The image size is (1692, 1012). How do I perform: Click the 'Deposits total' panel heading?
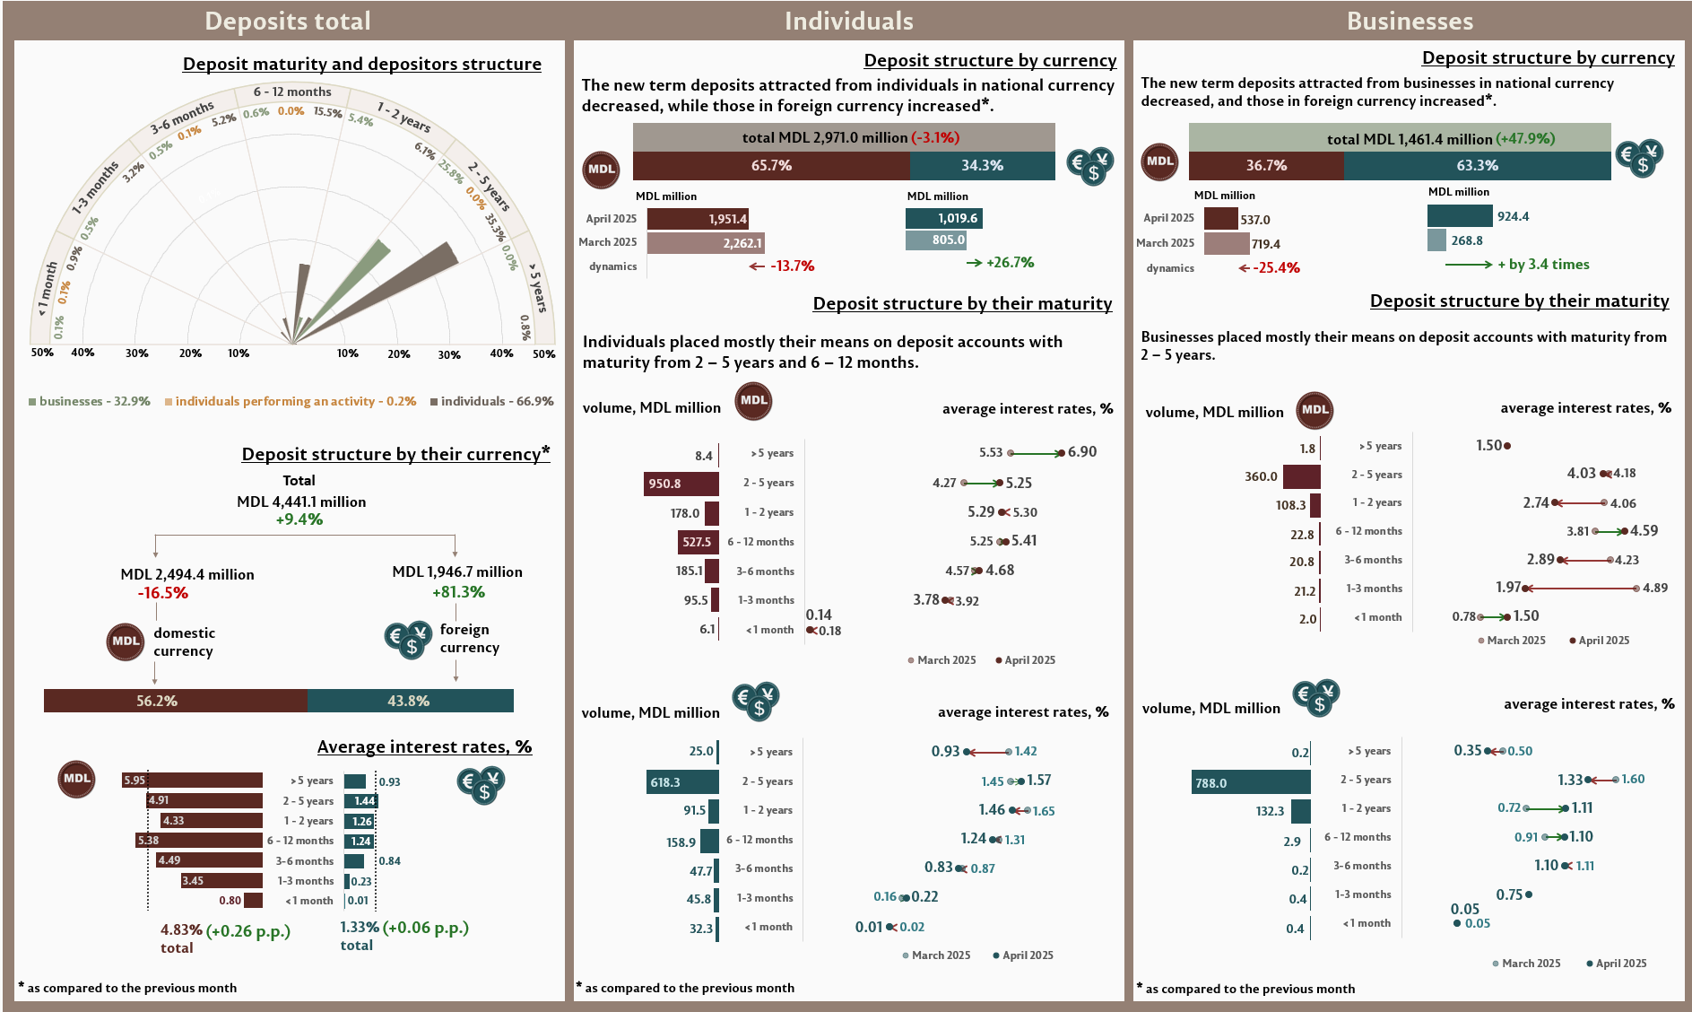click(x=287, y=22)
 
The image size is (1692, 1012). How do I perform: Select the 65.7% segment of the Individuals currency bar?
click(x=771, y=166)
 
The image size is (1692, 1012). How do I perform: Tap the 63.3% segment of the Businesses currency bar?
click(x=1477, y=166)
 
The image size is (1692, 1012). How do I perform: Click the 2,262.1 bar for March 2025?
click(x=706, y=243)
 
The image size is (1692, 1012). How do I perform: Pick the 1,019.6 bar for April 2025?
click(x=944, y=219)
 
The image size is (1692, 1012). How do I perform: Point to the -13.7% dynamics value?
click(x=792, y=266)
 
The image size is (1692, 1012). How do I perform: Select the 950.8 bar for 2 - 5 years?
click(x=681, y=484)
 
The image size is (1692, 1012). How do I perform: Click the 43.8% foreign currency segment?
click(x=410, y=701)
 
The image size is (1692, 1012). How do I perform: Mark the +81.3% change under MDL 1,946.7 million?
click(x=458, y=592)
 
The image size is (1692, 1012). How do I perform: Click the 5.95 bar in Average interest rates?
click(x=192, y=781)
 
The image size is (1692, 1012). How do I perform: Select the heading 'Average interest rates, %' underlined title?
click(x=424, y=747)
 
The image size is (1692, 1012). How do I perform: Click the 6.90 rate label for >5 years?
click(x=1082, y=452)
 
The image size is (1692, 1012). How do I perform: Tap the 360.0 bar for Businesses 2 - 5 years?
click(x=1301, y=476)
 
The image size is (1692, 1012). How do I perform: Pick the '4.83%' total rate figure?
click(x=181, y=930)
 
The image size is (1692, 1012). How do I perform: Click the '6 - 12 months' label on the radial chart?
click(x=292, y=92)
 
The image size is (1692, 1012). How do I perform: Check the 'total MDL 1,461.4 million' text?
click(x=1410, y=139)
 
